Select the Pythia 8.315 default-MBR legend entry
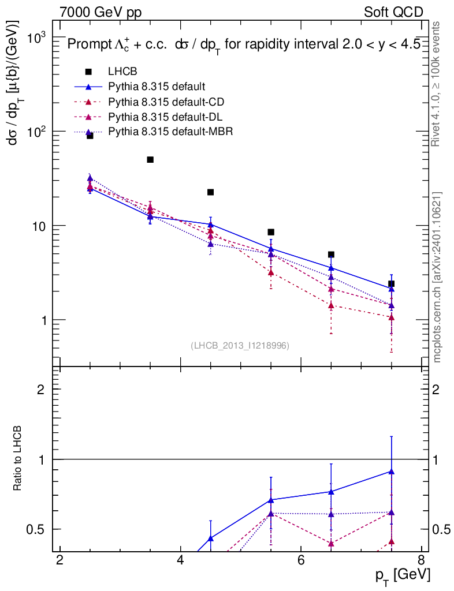[170, 132]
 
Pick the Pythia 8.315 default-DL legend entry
[166, 117]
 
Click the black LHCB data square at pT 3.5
[150, 159]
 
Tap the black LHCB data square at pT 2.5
[90, 136]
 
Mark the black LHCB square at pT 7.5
[392, 283]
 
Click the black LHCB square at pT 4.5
[210, 192]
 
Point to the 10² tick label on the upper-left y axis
[38, 132]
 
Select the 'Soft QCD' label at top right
[394, 12]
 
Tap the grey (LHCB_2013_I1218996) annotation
[240, 345]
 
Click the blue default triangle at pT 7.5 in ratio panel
[392, 472]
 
